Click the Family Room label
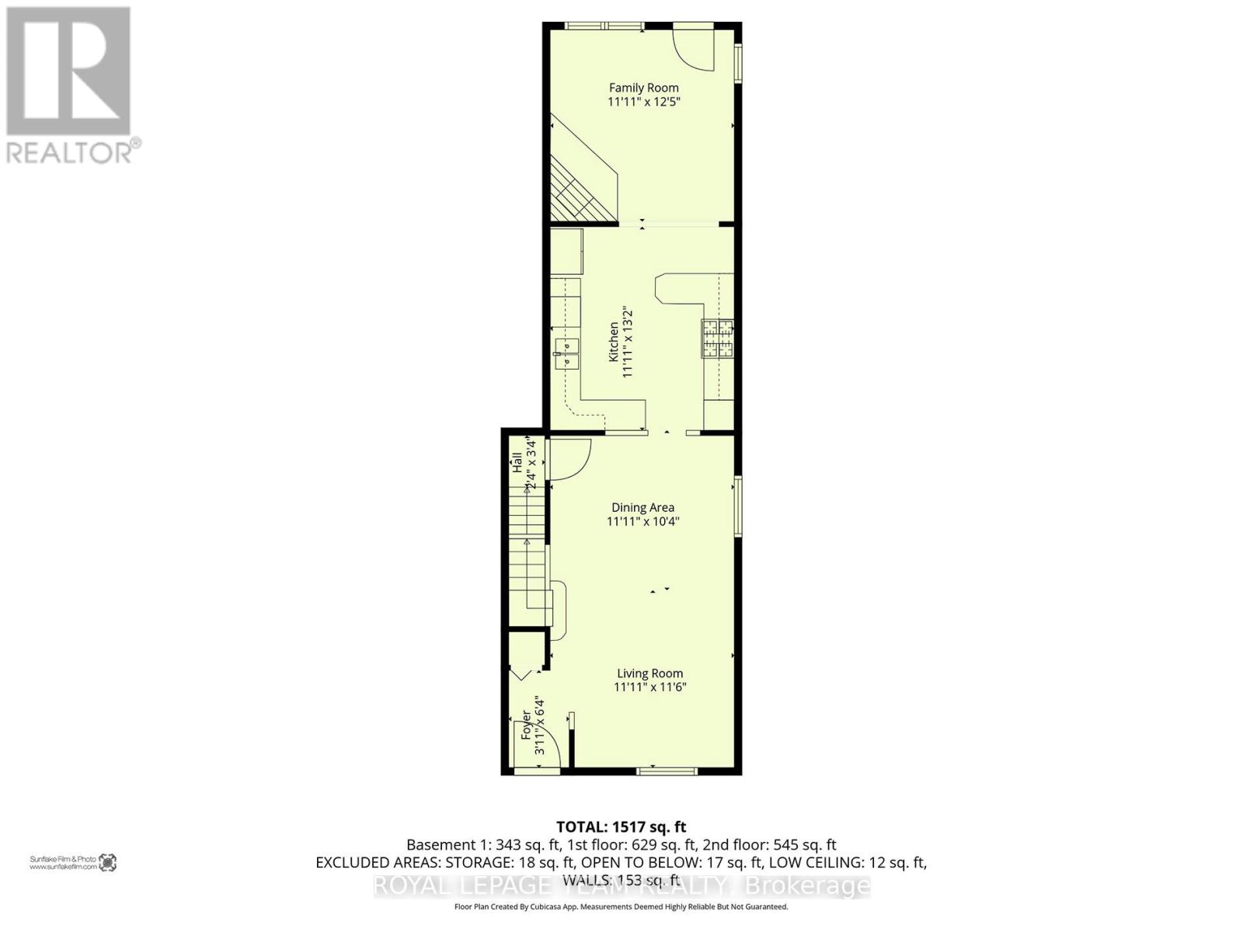[643, 88]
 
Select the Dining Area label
[642, 507]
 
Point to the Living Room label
[650, 673]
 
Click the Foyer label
[526, 724]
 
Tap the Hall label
[517, 463]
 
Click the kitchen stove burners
[717, 339]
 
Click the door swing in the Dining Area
[567, 459]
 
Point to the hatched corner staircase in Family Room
[579, 190]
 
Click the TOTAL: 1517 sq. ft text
[621, 827]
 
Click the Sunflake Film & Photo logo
[73, 862]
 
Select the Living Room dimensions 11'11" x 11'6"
[650, 687]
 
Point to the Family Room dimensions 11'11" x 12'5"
[643, 102]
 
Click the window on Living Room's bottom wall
[667, 770]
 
